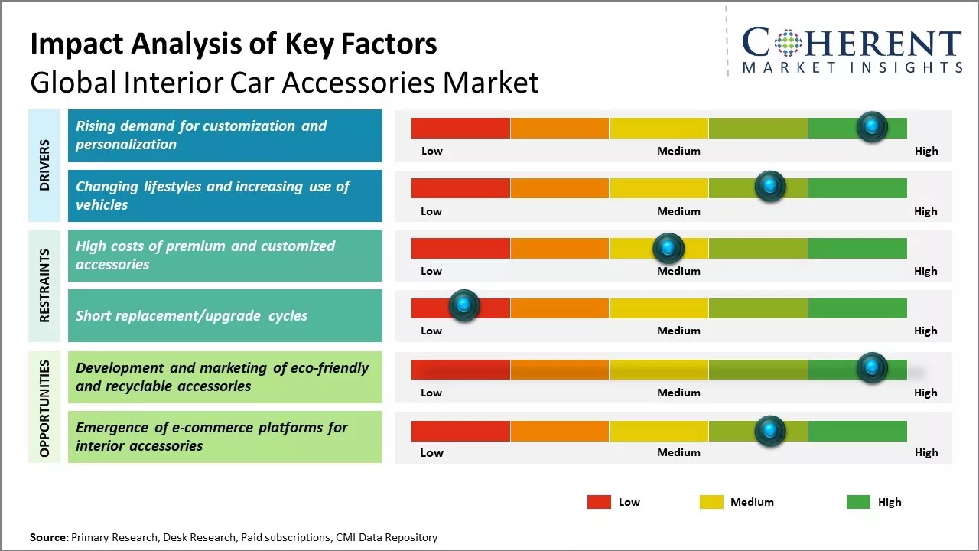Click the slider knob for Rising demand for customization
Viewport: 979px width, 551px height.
point(872,127)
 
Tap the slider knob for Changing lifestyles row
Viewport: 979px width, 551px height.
point(770,187)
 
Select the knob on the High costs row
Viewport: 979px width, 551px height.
point(668,248)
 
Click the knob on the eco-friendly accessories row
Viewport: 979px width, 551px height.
point(872,368)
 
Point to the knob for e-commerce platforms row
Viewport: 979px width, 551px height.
point(770,431)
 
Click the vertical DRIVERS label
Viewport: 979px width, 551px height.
point(44,165)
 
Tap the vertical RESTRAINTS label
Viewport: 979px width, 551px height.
point(44,285)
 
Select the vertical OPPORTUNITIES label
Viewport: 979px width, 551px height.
point(44,408)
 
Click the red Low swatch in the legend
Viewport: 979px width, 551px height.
point(599,502)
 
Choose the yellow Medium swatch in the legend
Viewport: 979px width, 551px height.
point(711,502)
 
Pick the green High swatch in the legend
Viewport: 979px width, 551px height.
point(858,502)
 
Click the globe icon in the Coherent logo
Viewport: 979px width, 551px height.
point(787,43)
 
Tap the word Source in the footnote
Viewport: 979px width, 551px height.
point(49,537)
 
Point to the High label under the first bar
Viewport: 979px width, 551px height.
point(926,151)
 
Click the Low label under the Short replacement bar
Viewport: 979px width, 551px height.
point(431,331)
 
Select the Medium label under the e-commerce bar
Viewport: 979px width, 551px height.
point(678,452)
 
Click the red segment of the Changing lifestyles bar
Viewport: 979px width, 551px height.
point(460,188)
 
